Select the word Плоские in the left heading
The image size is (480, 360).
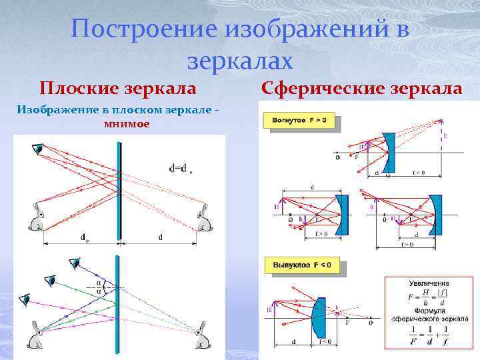pos(74,88)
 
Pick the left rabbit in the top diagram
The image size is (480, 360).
pos(36,218)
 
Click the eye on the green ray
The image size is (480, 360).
pos(50,281)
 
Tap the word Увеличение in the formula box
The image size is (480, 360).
pos(429,283)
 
